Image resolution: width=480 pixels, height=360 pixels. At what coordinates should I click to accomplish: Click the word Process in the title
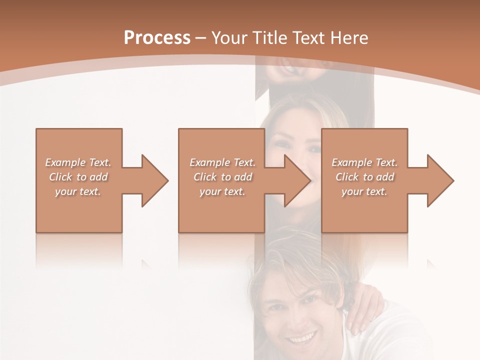point(157,38)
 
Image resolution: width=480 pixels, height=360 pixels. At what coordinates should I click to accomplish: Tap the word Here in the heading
point(350,38)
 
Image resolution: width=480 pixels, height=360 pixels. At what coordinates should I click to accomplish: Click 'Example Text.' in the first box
point(78,162)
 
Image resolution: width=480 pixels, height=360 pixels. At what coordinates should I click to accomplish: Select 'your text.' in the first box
point(78,191)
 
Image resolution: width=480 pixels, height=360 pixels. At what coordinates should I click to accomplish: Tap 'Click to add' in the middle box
point(222,177)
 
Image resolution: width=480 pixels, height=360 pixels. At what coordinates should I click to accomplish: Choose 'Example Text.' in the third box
point(364,162)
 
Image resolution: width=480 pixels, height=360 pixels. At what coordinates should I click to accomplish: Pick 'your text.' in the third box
point(364,191)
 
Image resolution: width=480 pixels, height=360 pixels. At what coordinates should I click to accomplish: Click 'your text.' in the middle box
point(222,191)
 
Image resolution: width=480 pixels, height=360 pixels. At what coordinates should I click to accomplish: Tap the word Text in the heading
point(308,38)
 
